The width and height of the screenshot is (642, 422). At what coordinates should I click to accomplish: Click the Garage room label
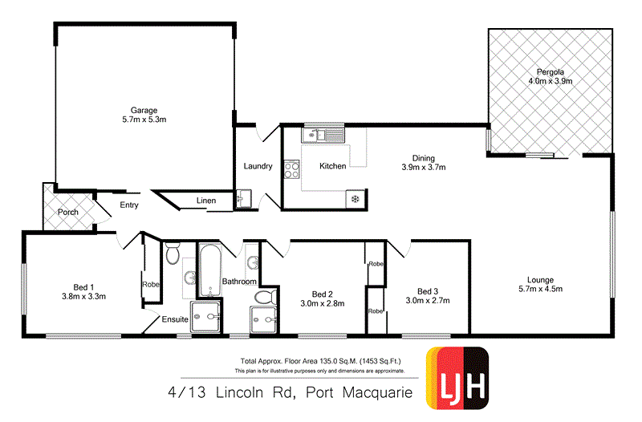(144, 110)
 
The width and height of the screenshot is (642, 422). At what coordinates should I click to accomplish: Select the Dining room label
(423, 158)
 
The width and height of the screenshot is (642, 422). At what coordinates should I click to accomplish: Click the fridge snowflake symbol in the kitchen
(353, 197)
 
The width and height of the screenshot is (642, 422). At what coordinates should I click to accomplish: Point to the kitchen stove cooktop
(293, 169)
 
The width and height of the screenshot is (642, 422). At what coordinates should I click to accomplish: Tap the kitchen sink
(319, 135)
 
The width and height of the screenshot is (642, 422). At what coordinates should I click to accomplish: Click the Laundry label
(258, 167)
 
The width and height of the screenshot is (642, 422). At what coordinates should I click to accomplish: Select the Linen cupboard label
(206, 201)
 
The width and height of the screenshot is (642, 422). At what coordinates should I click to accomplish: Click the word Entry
(128, 205)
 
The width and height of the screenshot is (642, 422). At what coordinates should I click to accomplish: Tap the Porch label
(67, 212)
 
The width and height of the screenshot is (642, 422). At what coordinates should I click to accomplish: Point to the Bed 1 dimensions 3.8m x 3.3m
(84, 296)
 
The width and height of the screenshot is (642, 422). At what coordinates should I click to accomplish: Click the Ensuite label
(175, 319)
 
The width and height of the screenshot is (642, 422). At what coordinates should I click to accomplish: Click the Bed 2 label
(322, 293)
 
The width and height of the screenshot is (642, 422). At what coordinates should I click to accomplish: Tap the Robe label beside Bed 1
(150, 284)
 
